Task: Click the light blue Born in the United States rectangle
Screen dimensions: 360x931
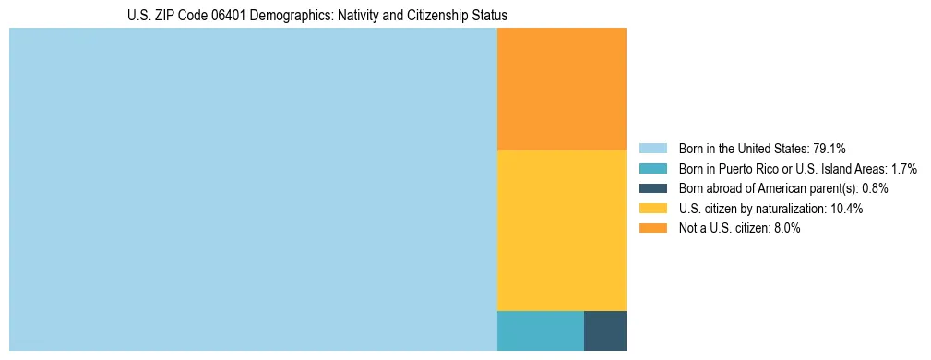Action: pos(253,189)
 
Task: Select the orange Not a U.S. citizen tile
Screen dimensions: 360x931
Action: pos(561,89)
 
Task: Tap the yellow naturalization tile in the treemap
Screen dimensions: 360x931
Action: pos(561,230)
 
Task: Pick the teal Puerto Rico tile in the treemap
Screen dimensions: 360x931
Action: pos(540,330)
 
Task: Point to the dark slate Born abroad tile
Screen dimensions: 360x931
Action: pos(604,330)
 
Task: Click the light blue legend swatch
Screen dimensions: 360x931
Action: pos(652,148)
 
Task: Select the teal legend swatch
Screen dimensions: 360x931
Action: pos(652,168)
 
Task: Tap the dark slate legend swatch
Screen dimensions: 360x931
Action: pos(652,188)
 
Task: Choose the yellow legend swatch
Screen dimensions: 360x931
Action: pos(652,209)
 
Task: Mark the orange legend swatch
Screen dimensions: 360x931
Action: pos(652,229)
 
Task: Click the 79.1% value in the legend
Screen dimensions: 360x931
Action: pos(830,148)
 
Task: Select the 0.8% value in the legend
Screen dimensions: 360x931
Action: pos(875,188)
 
